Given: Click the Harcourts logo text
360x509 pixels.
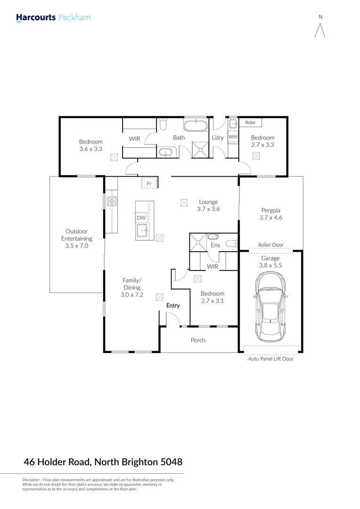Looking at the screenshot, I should point(36,18).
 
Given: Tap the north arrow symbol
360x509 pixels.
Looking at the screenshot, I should point(320,30).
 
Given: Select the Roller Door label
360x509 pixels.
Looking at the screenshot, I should point(270,245).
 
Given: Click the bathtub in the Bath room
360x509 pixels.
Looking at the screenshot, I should point(195,126).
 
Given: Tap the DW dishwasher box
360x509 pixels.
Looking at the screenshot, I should point(141,218).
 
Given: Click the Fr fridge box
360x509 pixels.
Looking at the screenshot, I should point(149,183).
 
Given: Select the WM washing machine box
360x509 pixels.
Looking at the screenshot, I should point(233,137).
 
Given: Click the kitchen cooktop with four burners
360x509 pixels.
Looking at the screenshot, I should point(112,202).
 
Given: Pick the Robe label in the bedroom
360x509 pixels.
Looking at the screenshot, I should point(250,123).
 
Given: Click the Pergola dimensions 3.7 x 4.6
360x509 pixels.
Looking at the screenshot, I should point(270,218).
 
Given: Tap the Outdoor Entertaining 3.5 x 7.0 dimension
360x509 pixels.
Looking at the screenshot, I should point(76,246).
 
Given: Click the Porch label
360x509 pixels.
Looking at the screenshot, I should point(198,340).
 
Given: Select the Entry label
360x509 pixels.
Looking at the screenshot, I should point(173,305).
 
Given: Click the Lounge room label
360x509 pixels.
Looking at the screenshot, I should point(208,202).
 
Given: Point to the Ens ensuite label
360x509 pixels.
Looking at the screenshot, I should point(215,245).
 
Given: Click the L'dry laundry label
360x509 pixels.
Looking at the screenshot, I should point(218,138).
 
